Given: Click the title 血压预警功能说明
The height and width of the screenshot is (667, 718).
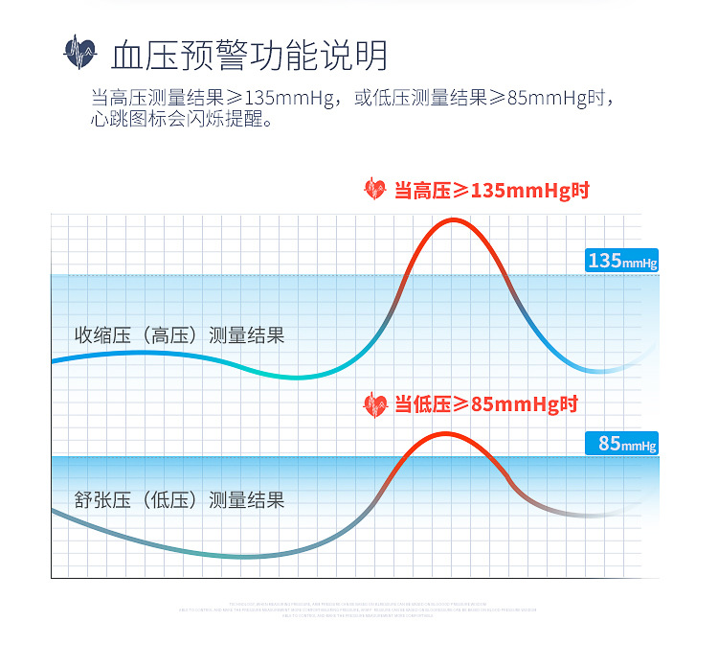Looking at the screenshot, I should click(249, 55).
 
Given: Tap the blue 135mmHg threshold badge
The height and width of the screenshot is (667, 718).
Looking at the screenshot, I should click(621, 261).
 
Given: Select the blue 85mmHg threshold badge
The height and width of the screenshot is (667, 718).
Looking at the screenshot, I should click(621, 444).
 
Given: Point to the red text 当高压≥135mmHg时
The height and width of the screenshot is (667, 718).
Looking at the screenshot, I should click(491, 190).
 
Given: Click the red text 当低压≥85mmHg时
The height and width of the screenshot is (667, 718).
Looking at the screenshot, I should click(486, 404).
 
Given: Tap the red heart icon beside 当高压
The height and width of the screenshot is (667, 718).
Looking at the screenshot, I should click(375, 189).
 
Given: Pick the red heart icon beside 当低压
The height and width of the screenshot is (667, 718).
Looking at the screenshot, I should click(375, 404).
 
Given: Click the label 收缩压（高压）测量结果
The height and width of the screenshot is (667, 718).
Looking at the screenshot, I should click(180, 335).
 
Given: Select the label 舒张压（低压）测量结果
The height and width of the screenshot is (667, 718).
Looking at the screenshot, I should click(180, 499).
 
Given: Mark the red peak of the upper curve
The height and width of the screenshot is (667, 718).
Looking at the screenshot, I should click(452, 220).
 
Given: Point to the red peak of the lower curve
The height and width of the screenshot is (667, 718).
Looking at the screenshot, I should click(443, 434).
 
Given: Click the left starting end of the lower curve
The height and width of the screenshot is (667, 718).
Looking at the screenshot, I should click(54, 511).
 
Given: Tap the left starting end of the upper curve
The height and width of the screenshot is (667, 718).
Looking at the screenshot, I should click(54, 360).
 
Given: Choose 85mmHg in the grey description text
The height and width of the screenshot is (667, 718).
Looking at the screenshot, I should click(549, 99).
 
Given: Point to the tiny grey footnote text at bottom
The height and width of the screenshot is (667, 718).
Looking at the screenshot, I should click(358, 609).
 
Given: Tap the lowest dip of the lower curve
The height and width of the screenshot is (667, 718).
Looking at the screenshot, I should click(239, 556).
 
